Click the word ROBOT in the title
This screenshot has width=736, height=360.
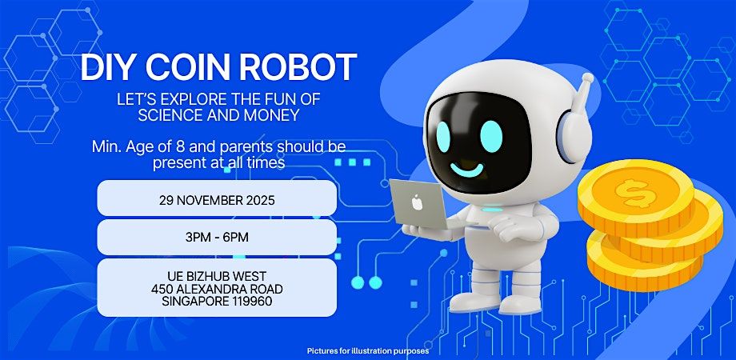pyautogui.click(x=304, y=68)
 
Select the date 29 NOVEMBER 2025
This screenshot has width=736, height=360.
pyautogui.click(x=217, y=200)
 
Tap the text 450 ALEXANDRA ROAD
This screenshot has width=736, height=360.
pyautogui.click(x=217, y=288)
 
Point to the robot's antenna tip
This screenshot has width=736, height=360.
pyautogui.click(x=588, y=79)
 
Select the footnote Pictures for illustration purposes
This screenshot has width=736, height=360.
pyautogui.click(x=368, y=350)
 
